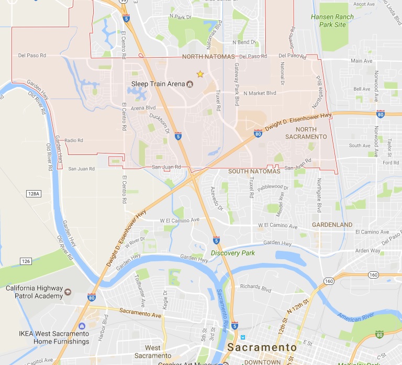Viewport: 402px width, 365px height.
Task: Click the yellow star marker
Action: click(x=199, y=74)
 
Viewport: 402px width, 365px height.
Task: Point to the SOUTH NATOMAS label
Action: click(x=254, y=171)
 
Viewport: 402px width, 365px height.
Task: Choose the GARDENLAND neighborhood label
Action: click(x=332, y=224)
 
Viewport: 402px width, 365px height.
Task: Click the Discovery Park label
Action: click(x=233, y=253)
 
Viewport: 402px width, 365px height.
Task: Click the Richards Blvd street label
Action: click(x=255, y=287)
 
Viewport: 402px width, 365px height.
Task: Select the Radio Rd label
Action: click(x=74, y=140)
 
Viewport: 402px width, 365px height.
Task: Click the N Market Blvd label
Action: click(x=260, y=93)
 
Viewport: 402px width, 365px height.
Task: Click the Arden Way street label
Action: click(x=368, y=250)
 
